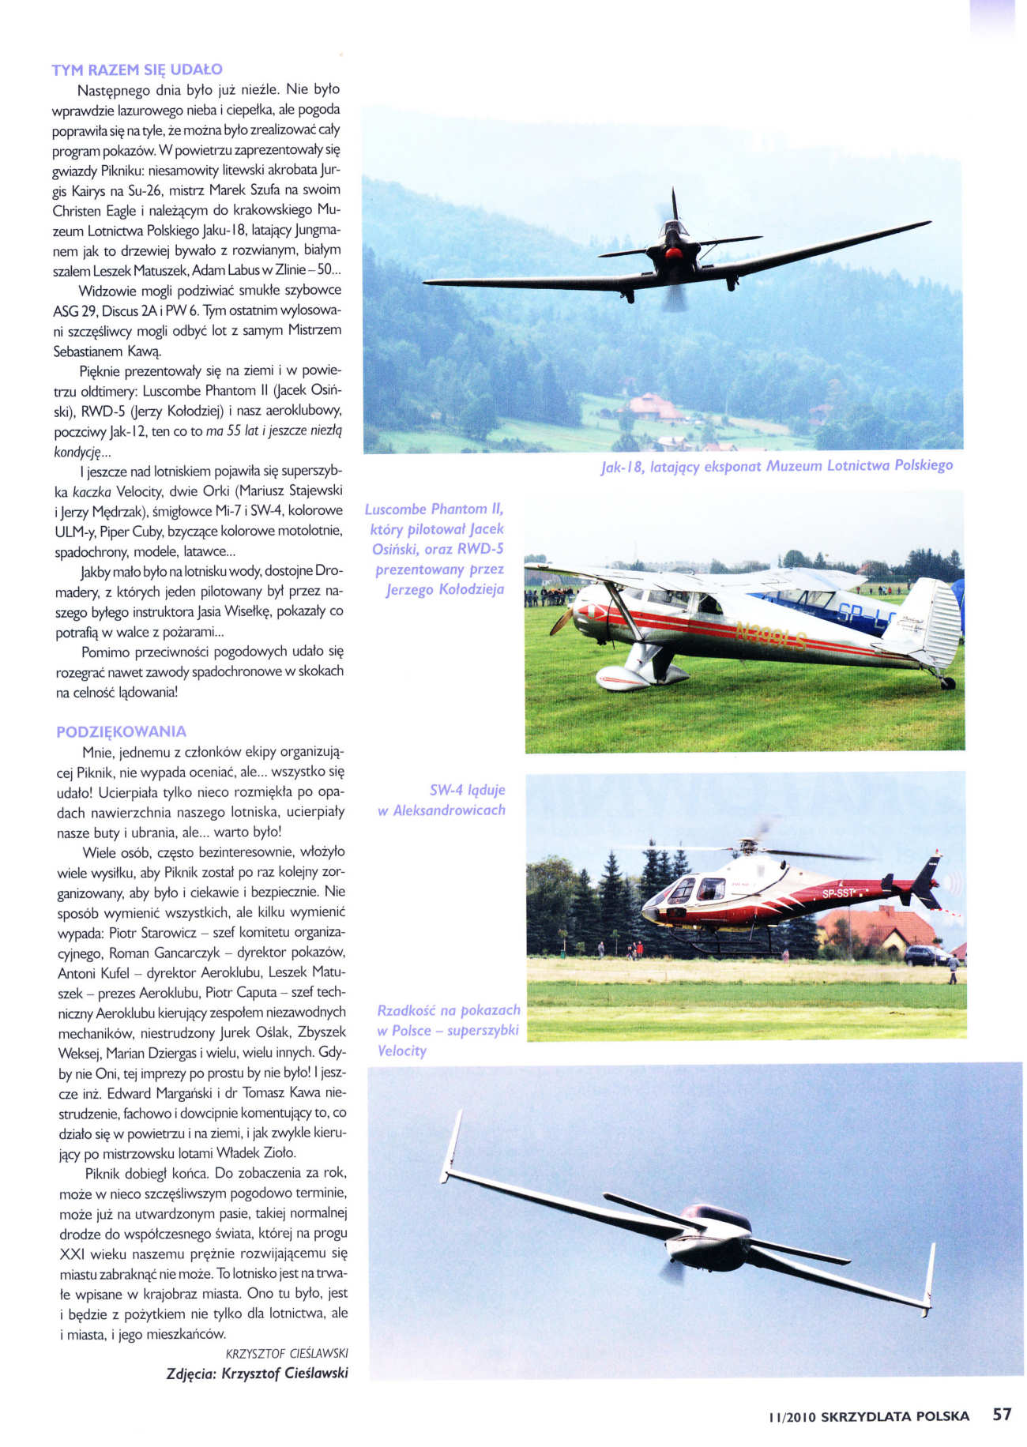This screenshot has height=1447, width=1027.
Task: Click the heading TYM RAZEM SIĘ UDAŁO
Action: click(x=137, y=70)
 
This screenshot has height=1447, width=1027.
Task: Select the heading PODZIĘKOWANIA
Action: click(x=121, y=731)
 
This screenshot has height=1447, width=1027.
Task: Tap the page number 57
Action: click(x=1002, y=1414)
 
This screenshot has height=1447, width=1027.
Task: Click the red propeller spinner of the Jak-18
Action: click(x=672, y=254)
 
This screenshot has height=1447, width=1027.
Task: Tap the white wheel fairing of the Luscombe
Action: click(x=622, y=678)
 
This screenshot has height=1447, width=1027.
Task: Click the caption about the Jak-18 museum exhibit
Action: click(x=777, y=466)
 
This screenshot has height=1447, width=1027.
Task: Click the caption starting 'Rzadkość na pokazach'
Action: click(x=448, y=1030)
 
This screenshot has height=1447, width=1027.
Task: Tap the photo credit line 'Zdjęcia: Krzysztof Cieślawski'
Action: click(x=257, y=1373)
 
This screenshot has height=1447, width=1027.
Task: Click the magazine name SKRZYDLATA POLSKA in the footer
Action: click(x=894, y=1416)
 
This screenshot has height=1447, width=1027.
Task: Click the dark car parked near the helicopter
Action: click(x=925, y=956)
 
